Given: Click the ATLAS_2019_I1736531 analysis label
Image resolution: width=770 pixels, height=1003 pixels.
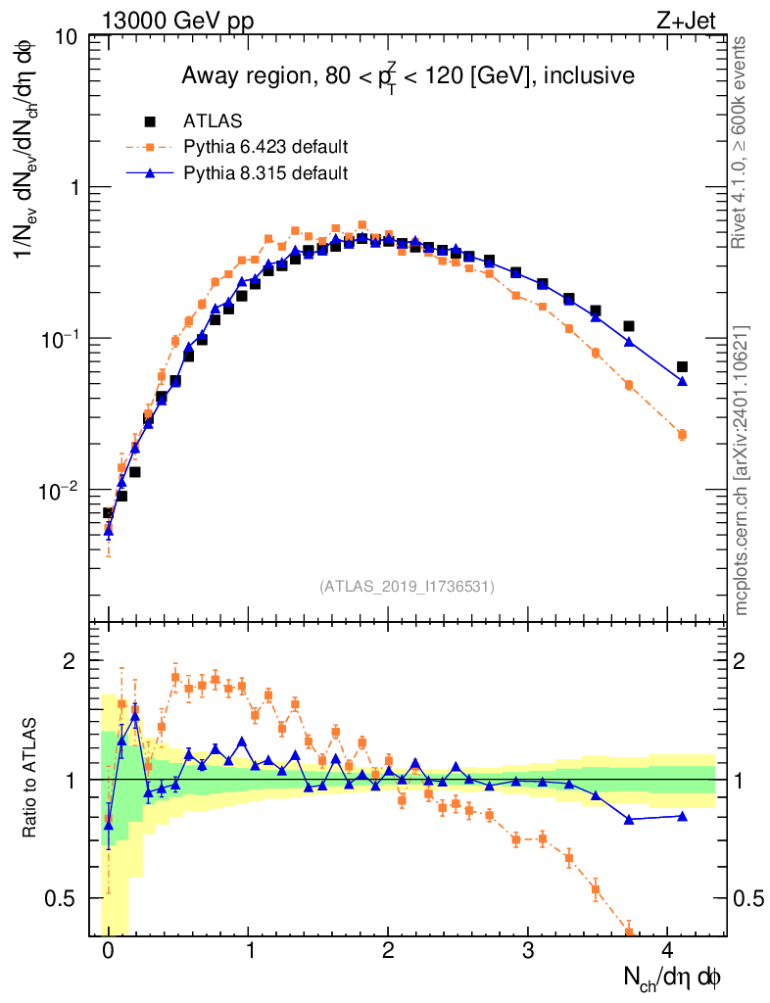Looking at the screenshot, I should click(x=407, y=587).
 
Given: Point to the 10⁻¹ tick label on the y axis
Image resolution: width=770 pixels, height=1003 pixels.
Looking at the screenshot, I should click(x=61, y=339).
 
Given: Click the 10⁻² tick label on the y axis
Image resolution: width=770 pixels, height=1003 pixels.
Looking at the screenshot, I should click(x=61, y=491).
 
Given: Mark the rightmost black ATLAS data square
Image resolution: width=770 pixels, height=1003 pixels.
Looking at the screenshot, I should click(x=682, y=366).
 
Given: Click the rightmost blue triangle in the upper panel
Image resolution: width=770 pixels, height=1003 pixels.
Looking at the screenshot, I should click(x=682, y=380).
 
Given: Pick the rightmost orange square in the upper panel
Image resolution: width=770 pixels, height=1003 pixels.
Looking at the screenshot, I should click(x=682, y=434).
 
